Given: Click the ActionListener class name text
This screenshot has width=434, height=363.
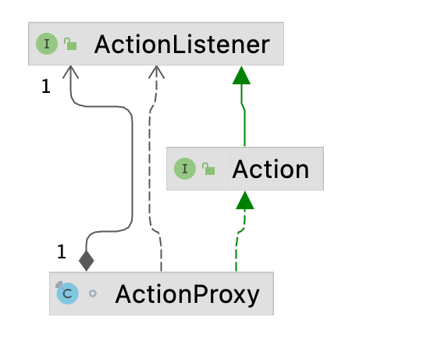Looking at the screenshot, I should [x=181, y=44].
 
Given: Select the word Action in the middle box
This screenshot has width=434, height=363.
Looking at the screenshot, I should [x=271, y=169].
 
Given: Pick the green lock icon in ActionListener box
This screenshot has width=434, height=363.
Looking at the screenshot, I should [x=71, y=44].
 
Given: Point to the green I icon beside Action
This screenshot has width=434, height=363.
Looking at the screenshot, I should [x=185, y=169].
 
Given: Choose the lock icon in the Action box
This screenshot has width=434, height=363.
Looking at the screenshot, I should [x=208, y=169].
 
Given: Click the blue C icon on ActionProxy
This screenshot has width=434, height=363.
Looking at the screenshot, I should [x=68, y=294].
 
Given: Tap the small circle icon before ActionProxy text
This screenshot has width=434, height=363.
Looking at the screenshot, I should [x=93, y=294].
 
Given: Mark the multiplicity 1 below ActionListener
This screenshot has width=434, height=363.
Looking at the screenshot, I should [x=45, y=87].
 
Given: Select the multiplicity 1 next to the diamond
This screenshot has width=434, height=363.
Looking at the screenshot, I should [x=62, y=251].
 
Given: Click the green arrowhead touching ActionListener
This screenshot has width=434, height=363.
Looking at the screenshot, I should [x=242, y=75].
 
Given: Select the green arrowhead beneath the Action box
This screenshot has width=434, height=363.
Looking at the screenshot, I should [x=245, y=201].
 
